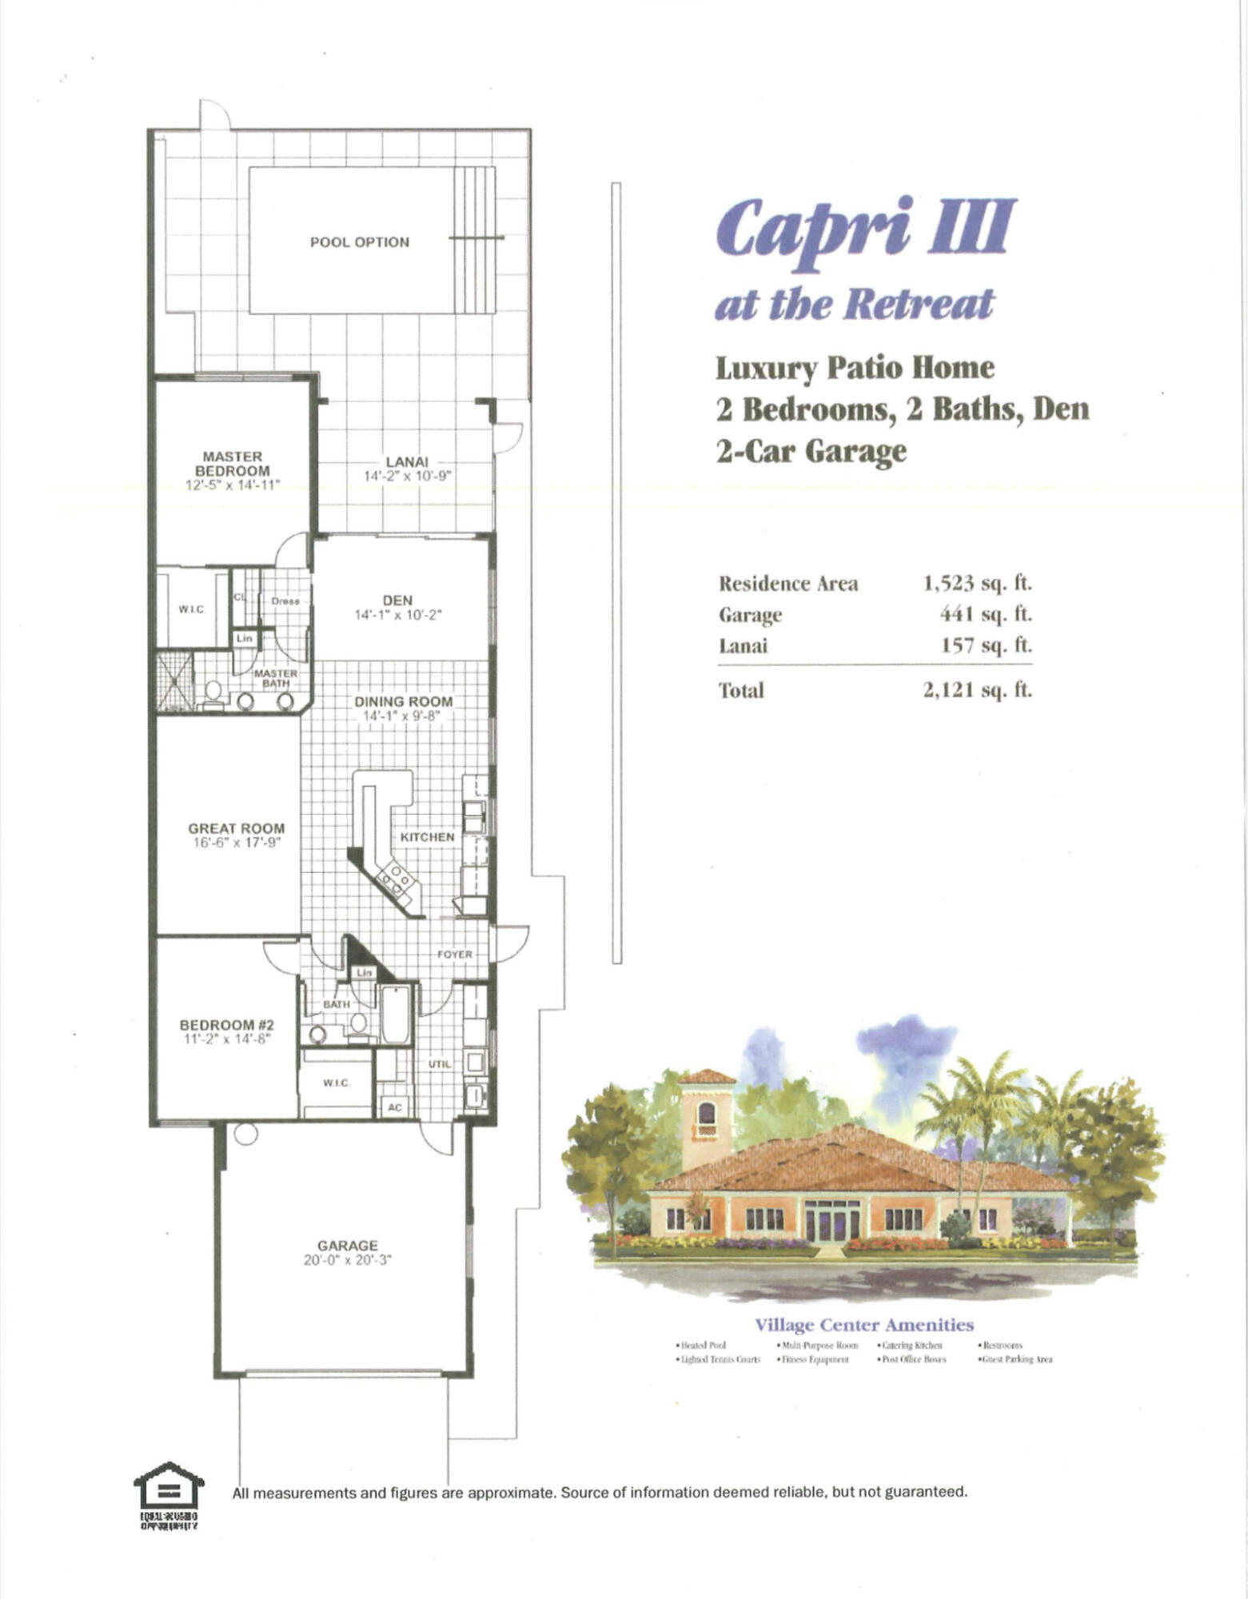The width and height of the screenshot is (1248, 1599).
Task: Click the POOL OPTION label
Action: click(360, 242)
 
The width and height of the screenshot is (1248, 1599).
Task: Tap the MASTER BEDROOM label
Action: click(233, 464)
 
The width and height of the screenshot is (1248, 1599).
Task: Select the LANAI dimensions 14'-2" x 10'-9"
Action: click(408, 476)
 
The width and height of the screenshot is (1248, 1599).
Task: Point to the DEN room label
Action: click(397, 600)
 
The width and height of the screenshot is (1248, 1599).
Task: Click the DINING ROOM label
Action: click(404, 701)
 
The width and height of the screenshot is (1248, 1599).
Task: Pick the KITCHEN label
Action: click(427, 836)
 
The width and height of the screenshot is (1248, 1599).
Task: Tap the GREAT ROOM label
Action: click(236, 828)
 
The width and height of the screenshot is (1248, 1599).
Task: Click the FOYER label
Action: click(454, 955)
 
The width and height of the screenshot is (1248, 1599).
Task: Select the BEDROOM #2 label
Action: click(227, 1025)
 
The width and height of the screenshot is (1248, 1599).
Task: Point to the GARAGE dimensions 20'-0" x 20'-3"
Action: click(347, 1261)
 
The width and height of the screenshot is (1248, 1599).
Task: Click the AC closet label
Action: click(395, 1107)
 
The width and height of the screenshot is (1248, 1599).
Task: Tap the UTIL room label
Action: click(439, 1064)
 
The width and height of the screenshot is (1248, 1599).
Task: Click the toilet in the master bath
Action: click(213, 693)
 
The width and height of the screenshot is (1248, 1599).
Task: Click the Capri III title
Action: click(865, 228)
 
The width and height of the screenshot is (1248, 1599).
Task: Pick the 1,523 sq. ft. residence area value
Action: click(977, 583)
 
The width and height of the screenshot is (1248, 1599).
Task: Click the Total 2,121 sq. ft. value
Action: click(977, 689)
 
